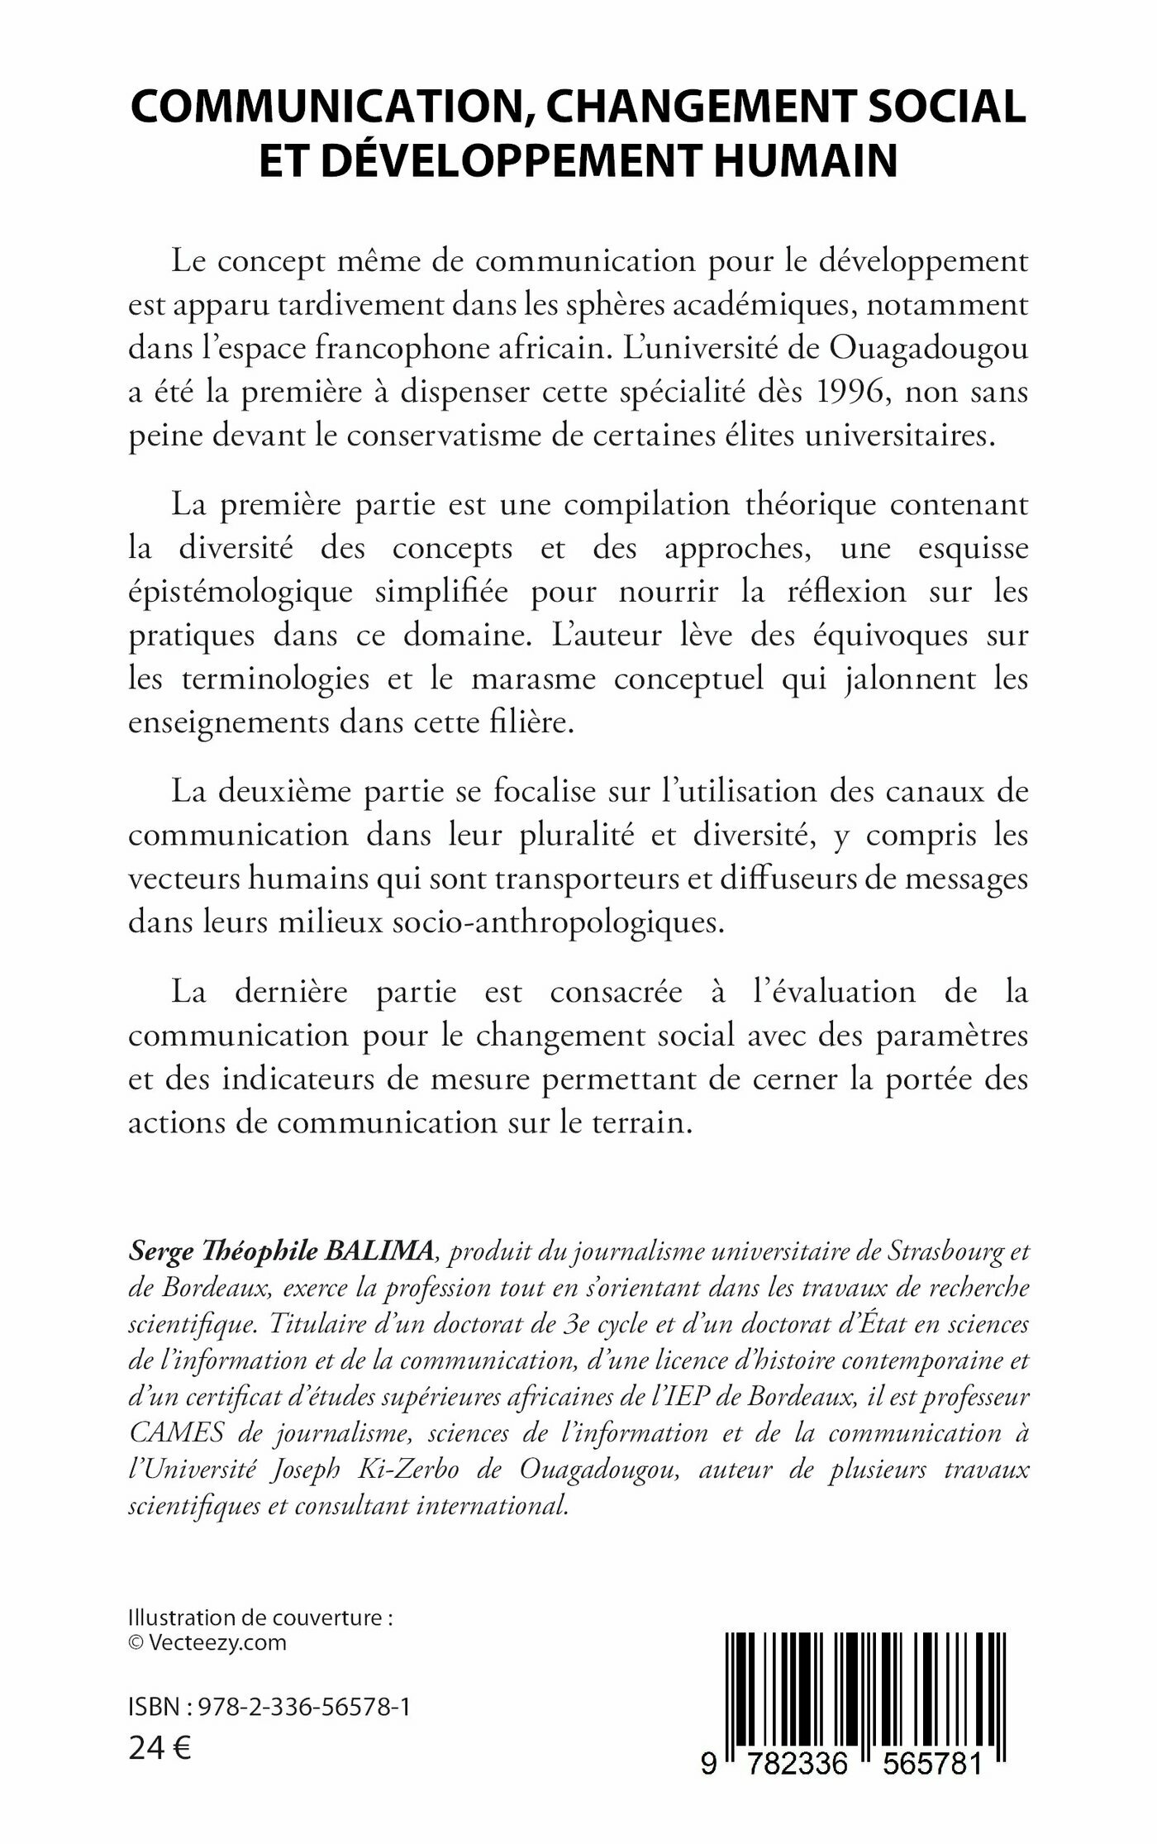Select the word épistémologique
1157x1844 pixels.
tap(240, 592)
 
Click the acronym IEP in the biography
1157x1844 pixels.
tap(698, 1396)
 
